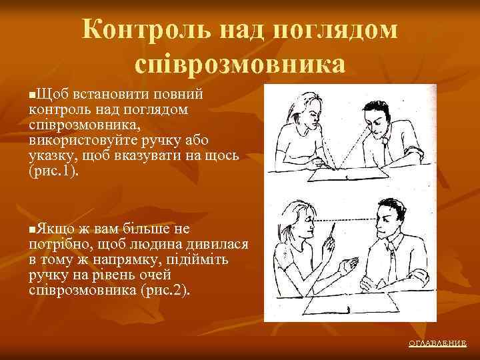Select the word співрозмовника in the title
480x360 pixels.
[x=240, y=65]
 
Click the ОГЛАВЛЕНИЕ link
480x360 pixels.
[x=437, y=343]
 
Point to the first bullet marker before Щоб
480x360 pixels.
[x=33, y=91]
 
